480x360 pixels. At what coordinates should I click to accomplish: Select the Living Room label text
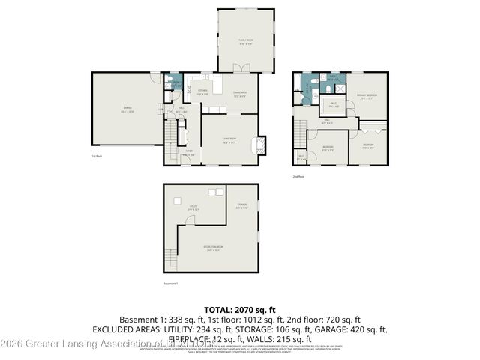(x=229, y=139)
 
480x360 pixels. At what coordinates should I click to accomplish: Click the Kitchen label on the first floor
(x=202, y=92)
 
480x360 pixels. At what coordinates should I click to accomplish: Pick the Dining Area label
(x=240, y=94)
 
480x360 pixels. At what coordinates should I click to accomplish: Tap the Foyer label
(x=189, y=153)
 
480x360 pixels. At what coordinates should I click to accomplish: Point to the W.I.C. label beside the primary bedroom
(x=334, y=105)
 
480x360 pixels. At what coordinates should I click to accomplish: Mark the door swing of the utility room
(x=190, y=220)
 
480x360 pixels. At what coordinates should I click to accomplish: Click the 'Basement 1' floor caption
(x=172, y=283)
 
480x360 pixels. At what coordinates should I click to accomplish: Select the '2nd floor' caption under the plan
(x=298, y=177)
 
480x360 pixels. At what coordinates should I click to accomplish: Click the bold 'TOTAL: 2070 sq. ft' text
(x=240, y=309)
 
